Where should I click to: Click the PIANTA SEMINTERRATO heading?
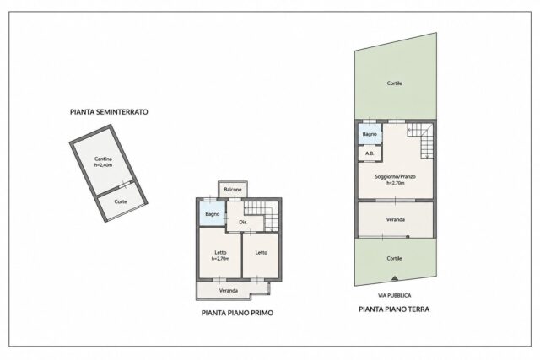click(109, 112)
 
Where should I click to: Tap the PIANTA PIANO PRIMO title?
click(237, 313)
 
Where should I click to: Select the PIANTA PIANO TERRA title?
click(394, 309)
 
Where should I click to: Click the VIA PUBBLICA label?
click(394, 295)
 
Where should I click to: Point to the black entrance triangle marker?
click(395, 277)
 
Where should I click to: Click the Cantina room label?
click(103, 159)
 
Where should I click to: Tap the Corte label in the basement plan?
click(121, 201)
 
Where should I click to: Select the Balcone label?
click(233, 190)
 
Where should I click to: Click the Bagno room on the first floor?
click(212, 214)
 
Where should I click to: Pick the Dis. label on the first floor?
click(243, 223)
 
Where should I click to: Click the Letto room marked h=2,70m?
click(220, 255)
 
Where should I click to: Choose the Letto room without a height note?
click(261, 255)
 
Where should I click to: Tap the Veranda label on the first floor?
click(229, 291)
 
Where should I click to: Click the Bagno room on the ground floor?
click(370, 134)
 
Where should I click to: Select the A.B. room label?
click(370, 153)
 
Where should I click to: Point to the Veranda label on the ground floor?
click(396, 219)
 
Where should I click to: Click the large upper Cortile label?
click(394, 83)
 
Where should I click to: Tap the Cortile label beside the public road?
click(394, 259)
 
